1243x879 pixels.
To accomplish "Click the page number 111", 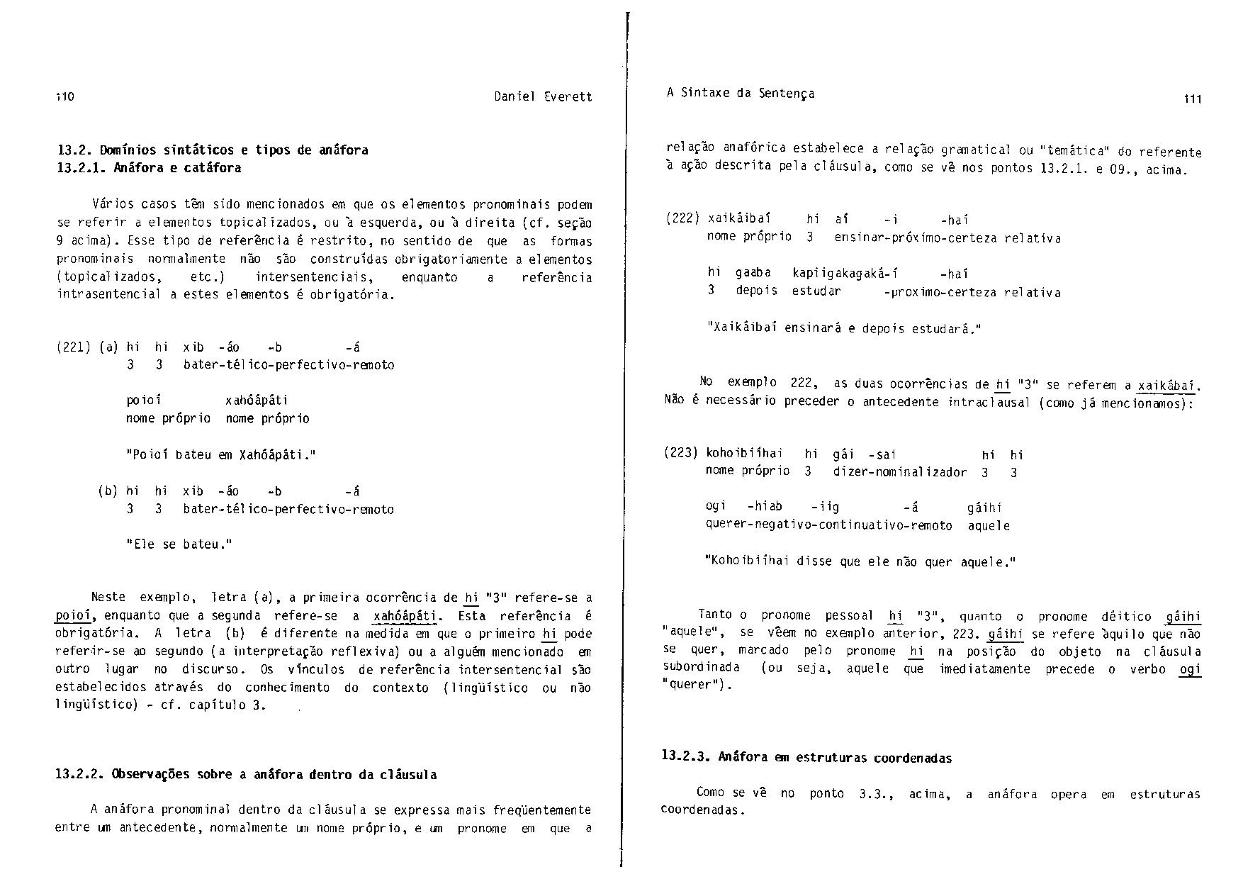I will click(1192, 99).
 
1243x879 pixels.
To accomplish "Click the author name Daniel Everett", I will click(543, 96).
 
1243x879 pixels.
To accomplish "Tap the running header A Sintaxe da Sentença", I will click(741, 93).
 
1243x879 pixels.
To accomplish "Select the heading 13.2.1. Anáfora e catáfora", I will click(149, 168).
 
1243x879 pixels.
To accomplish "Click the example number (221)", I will click(73, 347).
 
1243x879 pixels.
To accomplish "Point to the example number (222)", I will click(683, 219).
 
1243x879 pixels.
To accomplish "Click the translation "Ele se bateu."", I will click(179, 544).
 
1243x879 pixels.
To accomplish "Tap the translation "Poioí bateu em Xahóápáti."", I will click(220, 454).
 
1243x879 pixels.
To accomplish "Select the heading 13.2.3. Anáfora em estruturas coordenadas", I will click(806, 757).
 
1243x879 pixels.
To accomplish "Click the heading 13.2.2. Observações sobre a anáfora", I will click(245, 774).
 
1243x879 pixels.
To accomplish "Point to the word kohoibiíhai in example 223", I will click(744, 454).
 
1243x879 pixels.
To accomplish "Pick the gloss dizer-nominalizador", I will click(899, 472).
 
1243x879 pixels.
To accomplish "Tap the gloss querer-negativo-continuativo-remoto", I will click(828, 525).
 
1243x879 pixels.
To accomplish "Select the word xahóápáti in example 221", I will click(257, 401).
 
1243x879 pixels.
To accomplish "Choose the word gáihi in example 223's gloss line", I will click(984, 508).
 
